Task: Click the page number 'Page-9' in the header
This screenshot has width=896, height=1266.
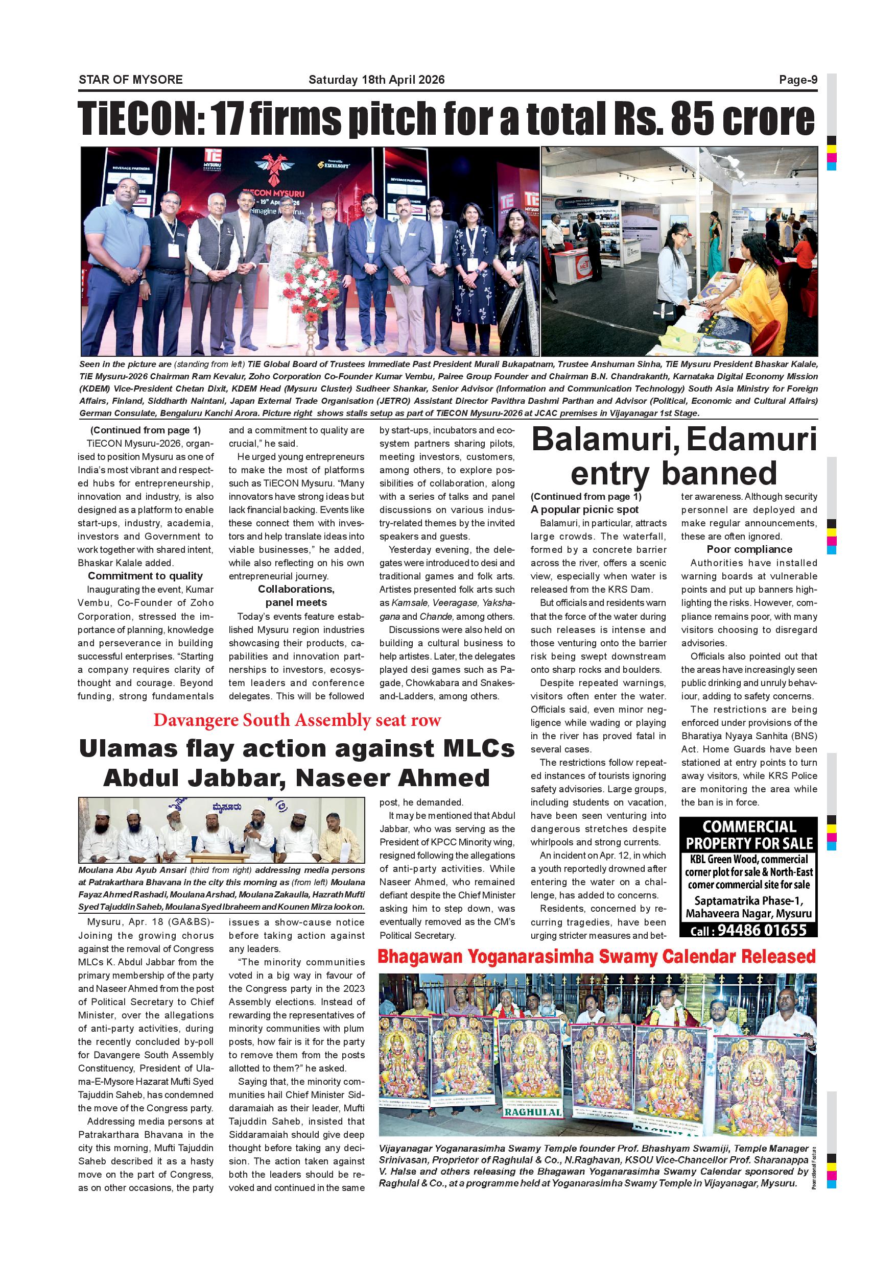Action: coord(798,80)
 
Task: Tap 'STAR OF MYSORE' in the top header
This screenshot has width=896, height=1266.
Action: coord(131,80)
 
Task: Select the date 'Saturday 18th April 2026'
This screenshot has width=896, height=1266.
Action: coord(376,80)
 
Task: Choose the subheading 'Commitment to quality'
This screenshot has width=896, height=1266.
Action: coord(145,576)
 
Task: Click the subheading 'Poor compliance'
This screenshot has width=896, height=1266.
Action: coord(749,550)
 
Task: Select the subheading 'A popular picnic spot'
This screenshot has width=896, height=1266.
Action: coord(584,510)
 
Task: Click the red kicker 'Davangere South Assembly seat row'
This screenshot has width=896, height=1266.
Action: coord(297,721)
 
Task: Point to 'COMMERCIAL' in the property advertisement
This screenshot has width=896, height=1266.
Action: coord(749,827)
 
